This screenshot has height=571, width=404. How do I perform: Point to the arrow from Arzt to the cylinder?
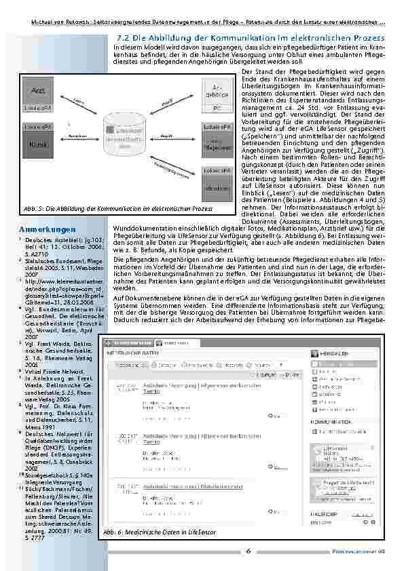point(79,102)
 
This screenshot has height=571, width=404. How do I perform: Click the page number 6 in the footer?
point(248,551)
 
